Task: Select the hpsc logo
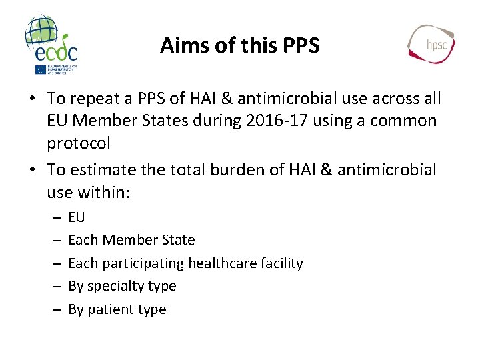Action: click(431, 44)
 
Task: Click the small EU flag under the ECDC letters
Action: click(41, 69)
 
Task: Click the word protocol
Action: click(79, 143)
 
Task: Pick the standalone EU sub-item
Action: click(77, 217)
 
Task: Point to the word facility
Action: click(280, 263)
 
